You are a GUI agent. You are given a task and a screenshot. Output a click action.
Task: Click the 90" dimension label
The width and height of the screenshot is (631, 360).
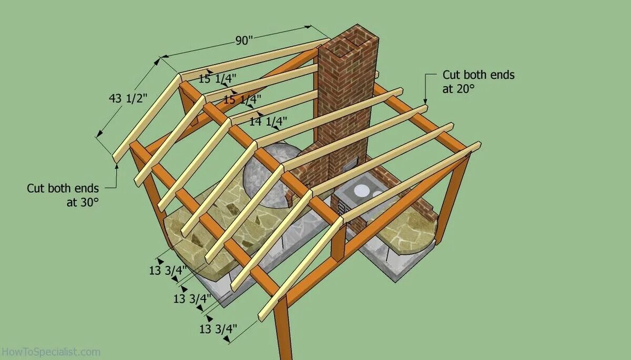point(244,41)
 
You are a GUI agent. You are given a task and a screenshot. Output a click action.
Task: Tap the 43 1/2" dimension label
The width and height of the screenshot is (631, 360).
point(128,98)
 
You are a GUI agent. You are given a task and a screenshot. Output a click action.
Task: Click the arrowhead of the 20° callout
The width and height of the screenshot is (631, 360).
point(425,101)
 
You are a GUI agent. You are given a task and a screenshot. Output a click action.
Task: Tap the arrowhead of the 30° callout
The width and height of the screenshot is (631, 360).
point(117,164)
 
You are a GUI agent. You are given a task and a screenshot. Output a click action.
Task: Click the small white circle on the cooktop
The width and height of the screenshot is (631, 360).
point(377,193)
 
